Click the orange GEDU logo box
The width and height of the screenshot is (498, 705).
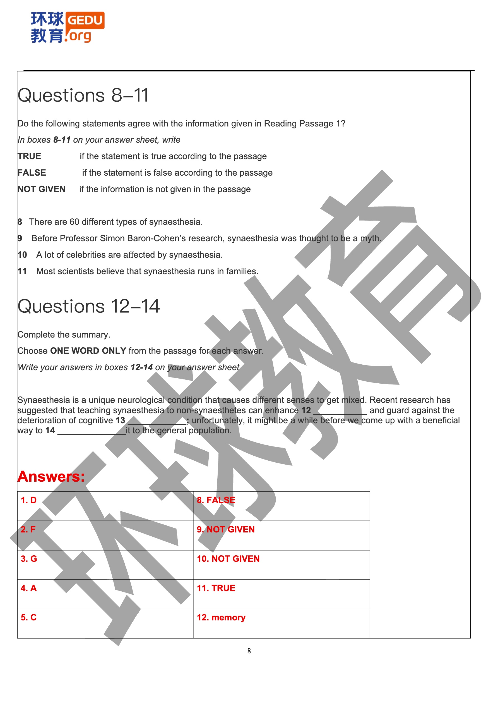pos(85,21)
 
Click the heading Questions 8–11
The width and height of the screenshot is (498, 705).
pos(83,95)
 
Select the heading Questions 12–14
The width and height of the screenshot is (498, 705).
pos(89,306)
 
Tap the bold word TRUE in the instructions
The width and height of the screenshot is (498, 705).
pos(29,156)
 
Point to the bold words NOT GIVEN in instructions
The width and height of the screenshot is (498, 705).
pos(41,189)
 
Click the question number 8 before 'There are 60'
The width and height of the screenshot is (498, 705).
pos(20,222)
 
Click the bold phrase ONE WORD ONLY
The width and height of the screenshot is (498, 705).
pos(88,351)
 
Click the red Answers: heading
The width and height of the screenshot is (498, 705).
pos(51,477)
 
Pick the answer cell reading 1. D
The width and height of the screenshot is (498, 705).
pos(105,506)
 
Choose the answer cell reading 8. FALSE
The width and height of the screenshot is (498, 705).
pos(282,506)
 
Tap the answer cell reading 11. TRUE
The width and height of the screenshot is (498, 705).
pos(282,594)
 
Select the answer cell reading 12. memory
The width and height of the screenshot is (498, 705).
pos(282,623)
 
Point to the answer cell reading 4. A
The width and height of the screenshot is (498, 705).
pos(105,594)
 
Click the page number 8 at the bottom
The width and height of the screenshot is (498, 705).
pos(249,651)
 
